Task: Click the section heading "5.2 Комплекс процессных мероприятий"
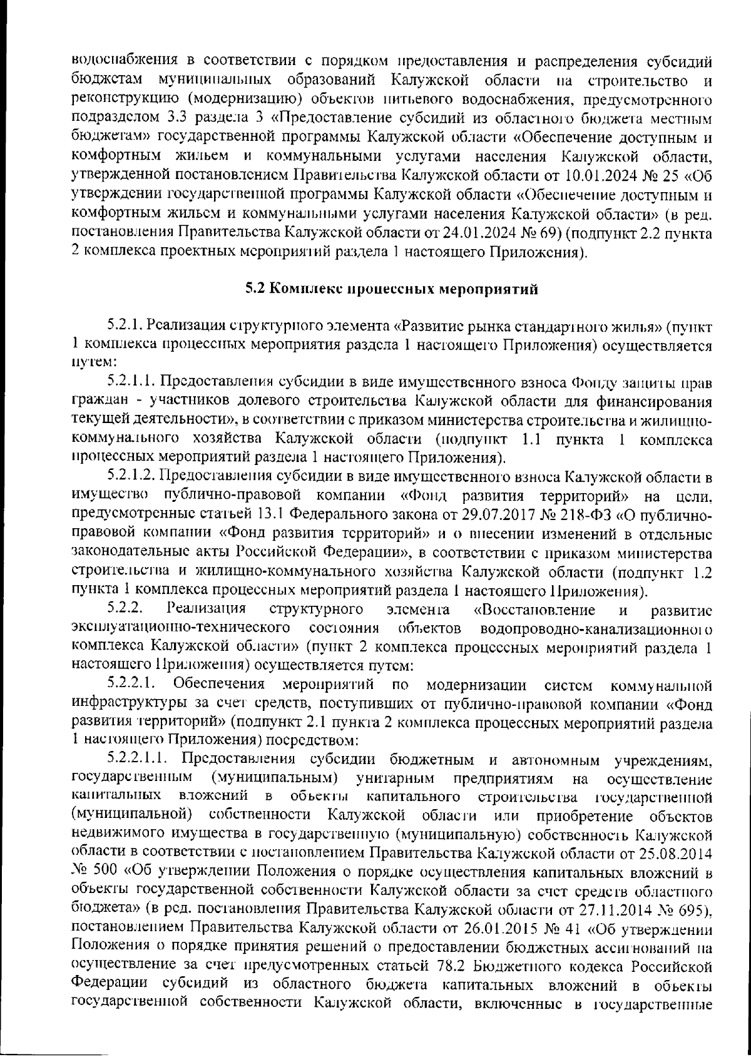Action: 392,289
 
